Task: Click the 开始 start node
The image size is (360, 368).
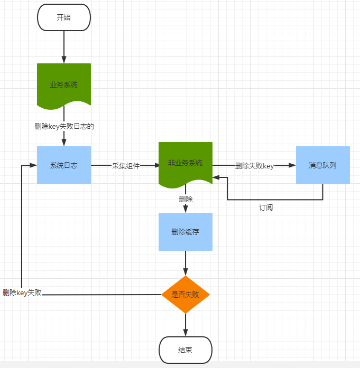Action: point(64,17)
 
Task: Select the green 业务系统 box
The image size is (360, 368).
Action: point(64,84)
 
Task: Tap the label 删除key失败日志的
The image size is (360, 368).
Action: point(64,126)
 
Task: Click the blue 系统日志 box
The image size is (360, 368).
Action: point(64,165)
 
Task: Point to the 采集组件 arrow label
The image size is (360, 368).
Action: point(126,166)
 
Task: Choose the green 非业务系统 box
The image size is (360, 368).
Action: point(186,163)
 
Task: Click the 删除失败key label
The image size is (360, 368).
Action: point(254,166)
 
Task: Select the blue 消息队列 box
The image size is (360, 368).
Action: point(322,165)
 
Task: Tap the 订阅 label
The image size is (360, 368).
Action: point(266,207)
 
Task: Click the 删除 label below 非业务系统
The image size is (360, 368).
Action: point(186,199)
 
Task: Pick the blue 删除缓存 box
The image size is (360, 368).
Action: point(186,232)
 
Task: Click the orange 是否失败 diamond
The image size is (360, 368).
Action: point(186,294)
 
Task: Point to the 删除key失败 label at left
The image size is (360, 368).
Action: point(22,292)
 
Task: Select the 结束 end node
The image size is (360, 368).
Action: point(186,350)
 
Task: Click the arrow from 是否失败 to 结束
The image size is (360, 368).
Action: point(186,324)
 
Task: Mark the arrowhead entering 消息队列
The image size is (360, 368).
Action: point(292,165)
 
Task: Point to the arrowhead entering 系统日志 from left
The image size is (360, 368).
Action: point(33,165)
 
